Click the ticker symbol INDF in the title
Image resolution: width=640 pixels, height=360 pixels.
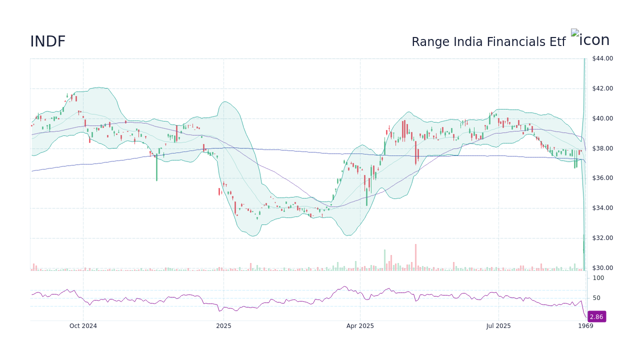(47, 42)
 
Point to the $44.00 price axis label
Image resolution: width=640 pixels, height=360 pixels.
(602, 58)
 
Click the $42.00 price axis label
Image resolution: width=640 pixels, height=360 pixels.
(602, 88)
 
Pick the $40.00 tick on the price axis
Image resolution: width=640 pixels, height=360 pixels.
(602, 118)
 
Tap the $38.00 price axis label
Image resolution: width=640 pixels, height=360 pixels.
(602, 148)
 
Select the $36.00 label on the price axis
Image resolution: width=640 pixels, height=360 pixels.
(602, 178)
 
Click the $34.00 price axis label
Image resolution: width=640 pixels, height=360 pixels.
(602, 208)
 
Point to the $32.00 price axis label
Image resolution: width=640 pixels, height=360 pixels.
(602, 238)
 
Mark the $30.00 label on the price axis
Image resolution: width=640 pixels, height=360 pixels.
(602, 268)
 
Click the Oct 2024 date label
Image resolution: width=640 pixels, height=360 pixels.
(83, 326)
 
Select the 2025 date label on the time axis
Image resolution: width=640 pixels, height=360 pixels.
(223, 326)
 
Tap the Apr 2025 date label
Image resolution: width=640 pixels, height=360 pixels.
(360, 326)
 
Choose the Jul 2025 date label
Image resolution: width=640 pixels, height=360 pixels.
(498, 326)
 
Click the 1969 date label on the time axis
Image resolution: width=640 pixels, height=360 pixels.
(585, 326)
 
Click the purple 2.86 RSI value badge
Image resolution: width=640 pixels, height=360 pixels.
(596, 317)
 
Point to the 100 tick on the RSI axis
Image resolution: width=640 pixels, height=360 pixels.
(598, 278)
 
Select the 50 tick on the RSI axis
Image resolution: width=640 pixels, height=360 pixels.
(596, 298)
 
